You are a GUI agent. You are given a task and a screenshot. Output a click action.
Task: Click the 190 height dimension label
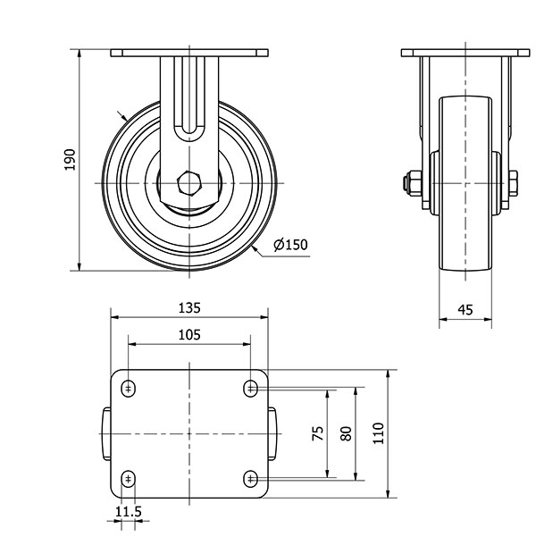click(70, 160)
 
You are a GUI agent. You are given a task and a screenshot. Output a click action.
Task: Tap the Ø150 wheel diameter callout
click(290, 245)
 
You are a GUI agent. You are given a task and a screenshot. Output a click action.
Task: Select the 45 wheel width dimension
click(465, 309)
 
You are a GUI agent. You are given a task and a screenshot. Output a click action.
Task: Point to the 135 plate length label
click(189, 308)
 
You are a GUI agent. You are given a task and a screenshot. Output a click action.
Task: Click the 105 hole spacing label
click(189, 335)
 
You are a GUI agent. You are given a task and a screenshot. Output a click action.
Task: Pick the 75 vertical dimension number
click(318, 433)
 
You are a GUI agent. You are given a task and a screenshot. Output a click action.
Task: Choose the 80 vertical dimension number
click(347, 433)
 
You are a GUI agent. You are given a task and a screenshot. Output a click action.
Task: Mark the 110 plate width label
click(378, 433)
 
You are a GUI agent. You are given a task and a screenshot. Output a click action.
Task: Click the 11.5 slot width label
click(129, 512)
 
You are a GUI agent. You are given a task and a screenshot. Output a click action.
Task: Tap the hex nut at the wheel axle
click(189, 183)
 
